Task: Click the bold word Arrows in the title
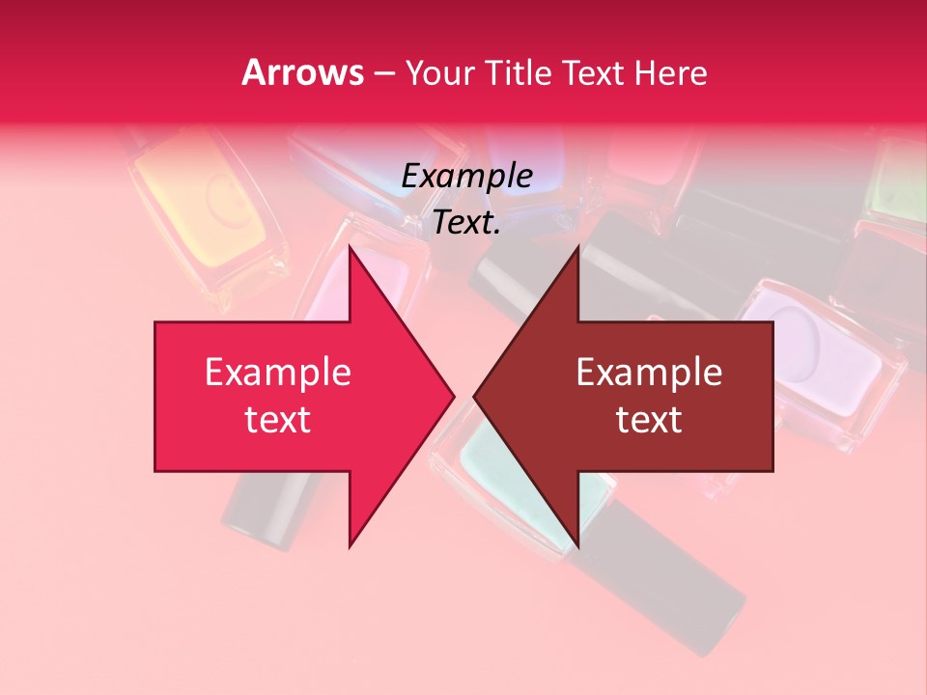(x=302, y=72)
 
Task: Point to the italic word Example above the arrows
(x=467, y=177)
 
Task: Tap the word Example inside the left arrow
(x=278, y=373)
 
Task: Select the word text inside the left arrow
(x=278, y=420)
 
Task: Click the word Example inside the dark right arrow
(x=649, y=373)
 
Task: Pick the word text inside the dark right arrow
(x=649, y=420)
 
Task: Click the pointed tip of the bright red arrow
(x=454, y=396)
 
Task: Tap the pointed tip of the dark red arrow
(x=474, y=396)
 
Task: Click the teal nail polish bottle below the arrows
(x=502, y=473)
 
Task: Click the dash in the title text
(x=382, y=73)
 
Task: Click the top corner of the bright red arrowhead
(x=350, y=246)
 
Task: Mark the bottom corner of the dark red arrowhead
(x=577, y=546)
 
